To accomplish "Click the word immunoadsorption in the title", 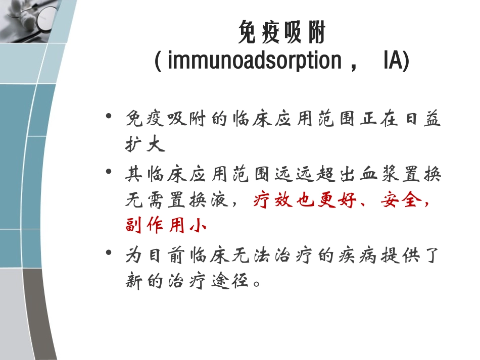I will (254, 61).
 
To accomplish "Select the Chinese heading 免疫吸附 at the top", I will (281, 34).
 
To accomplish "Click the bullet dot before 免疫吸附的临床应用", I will (109, 117).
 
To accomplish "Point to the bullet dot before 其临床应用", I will (109, 173).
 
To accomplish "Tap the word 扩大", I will (145, 145).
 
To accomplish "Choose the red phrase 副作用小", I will (166, 226).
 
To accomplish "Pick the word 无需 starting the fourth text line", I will (145, 201).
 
